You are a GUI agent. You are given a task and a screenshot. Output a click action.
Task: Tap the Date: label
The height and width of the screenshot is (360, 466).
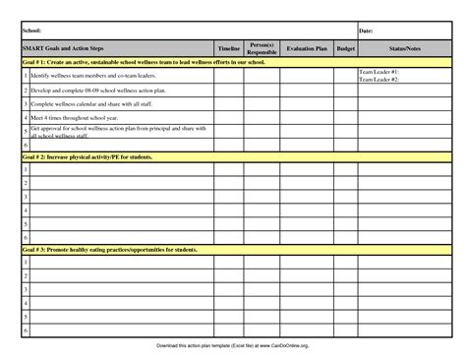[x=366, y=31]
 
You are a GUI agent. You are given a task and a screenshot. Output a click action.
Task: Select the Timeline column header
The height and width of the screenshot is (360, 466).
[x=229, y=47]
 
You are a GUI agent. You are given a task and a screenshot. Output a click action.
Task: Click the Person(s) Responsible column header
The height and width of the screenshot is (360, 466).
[x=262, y=48]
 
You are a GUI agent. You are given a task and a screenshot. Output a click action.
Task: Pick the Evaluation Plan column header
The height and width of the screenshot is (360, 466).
[x=307, y=47]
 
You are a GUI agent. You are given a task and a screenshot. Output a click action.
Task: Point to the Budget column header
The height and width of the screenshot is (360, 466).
[x=346, y=47]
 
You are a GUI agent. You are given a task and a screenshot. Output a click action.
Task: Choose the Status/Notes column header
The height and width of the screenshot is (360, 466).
[x=404, y=47]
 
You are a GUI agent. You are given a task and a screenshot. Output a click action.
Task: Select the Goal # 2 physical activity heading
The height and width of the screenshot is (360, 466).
[x=94, y=156]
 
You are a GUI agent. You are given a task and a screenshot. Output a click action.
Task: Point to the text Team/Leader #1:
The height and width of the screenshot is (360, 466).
[x=379, y=72]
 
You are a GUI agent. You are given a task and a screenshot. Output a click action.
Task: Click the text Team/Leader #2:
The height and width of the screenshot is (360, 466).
[x=379, y=79]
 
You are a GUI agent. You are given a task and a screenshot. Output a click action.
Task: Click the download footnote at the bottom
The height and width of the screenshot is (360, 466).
[x=233, y=346]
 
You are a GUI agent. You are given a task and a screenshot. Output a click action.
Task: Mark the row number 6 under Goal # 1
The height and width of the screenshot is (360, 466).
[x=25, y=145]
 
